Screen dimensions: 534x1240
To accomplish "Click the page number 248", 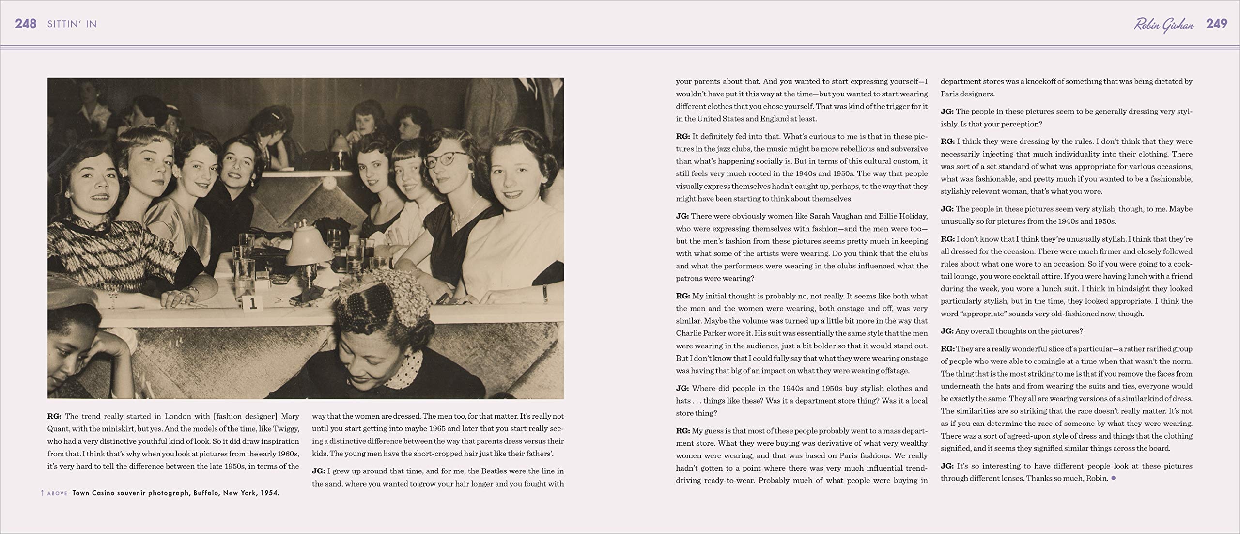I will [x=26, y=24].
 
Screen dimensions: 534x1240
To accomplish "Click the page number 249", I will [x=1216, y=24].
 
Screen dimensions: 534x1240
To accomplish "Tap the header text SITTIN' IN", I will [x=72, y=24].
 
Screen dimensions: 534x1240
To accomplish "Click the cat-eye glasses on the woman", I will [x=446, y=159].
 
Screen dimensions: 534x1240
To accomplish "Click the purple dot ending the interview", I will [x=1114, y=478].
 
